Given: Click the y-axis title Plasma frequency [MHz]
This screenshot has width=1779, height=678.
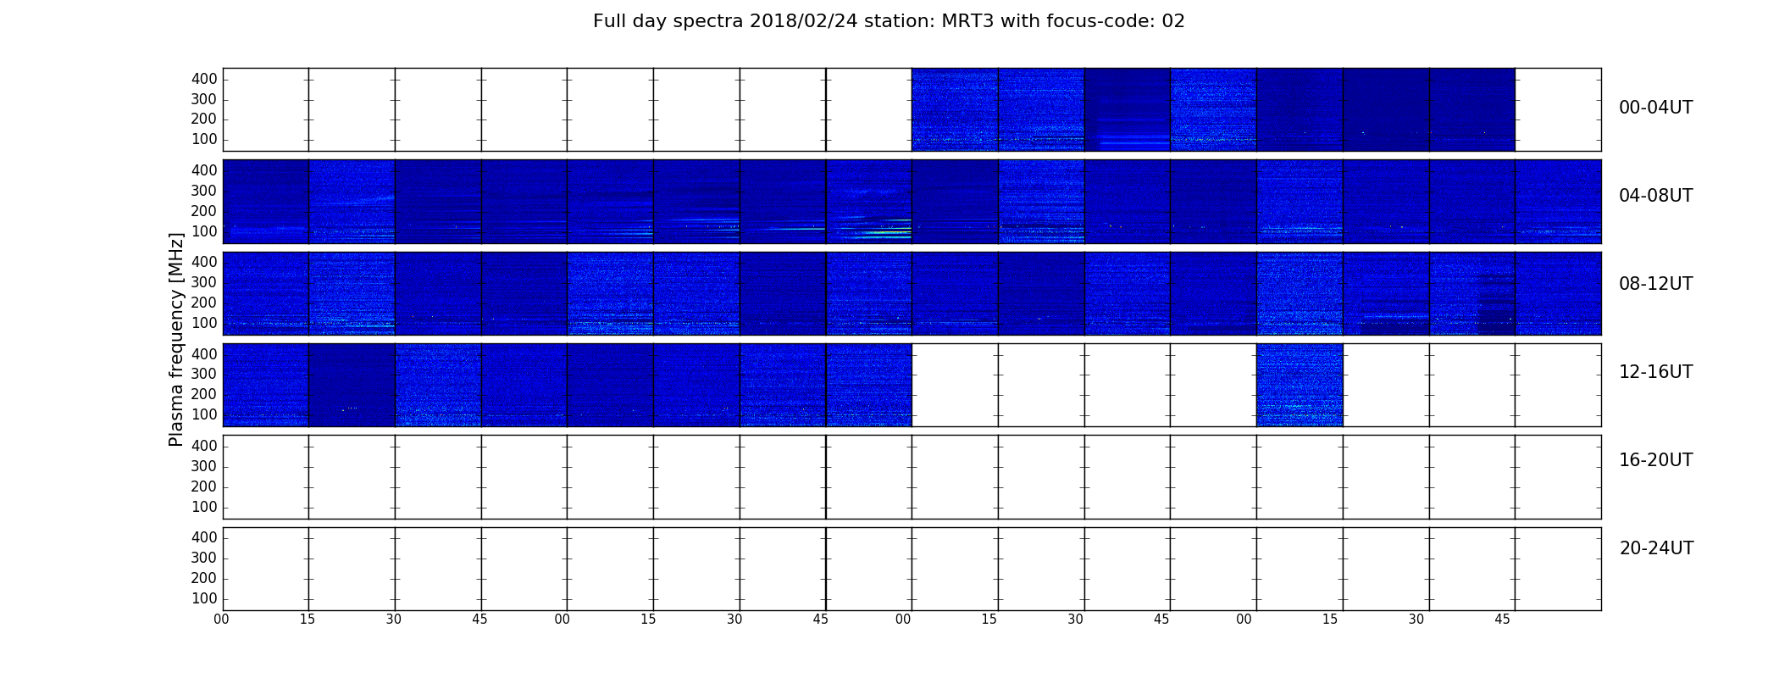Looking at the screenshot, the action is pos(176,339).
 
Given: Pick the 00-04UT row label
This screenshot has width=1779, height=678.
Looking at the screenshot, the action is pos(1656,108).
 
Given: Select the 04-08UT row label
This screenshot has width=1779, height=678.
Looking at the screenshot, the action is pos(1656,196).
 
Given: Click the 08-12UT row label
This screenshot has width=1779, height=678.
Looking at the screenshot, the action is pos(1656,284).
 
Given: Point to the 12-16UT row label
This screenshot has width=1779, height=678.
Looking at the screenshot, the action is pos(1656,372).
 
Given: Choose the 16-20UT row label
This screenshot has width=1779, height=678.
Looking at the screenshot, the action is pos(1656,460).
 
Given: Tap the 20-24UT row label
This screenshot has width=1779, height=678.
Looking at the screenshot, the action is pos(1656,548).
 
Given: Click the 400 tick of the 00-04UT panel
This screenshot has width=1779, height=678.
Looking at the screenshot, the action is pos(204,79).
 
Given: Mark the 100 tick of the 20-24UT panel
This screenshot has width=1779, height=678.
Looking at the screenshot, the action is pos(204,598).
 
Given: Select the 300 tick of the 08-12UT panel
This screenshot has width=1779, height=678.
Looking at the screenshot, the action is pos(204,282).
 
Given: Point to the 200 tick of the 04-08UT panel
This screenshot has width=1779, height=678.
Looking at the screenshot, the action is pos(204,211).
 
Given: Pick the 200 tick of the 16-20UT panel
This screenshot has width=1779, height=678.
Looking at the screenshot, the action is pos(204,486).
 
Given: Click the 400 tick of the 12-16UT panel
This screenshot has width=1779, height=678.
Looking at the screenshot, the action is pos(204,354).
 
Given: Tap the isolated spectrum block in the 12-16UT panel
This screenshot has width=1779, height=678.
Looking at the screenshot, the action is pos(1300,385).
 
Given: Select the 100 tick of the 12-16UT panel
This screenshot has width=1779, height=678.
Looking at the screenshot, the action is pos(204,414).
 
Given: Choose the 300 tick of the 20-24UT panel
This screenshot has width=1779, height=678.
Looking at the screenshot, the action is pos(204,558).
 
